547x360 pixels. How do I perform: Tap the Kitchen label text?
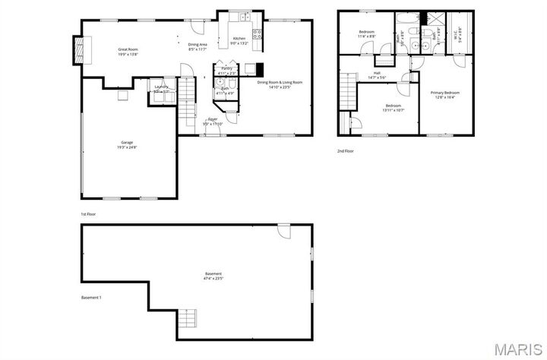click(x=239, y=38)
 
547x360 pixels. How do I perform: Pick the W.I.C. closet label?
click(x=457, y=33)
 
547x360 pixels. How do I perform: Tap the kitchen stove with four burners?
click(x=257, y=33)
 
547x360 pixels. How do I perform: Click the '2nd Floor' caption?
click(x=346, y=151)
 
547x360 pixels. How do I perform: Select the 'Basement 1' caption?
click(x=91, y=297)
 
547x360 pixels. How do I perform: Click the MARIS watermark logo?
click(x=519, y=349)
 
